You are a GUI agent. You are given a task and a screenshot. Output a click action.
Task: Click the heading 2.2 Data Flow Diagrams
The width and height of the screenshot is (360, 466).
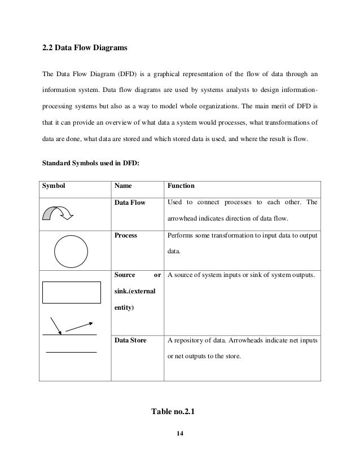coord(85,49)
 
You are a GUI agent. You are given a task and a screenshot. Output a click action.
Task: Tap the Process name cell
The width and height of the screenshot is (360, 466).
coord(126,234)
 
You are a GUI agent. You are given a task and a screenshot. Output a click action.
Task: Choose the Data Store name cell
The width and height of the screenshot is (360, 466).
coord(130,340)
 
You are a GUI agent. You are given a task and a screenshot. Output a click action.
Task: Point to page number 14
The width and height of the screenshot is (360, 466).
coord(180,433)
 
